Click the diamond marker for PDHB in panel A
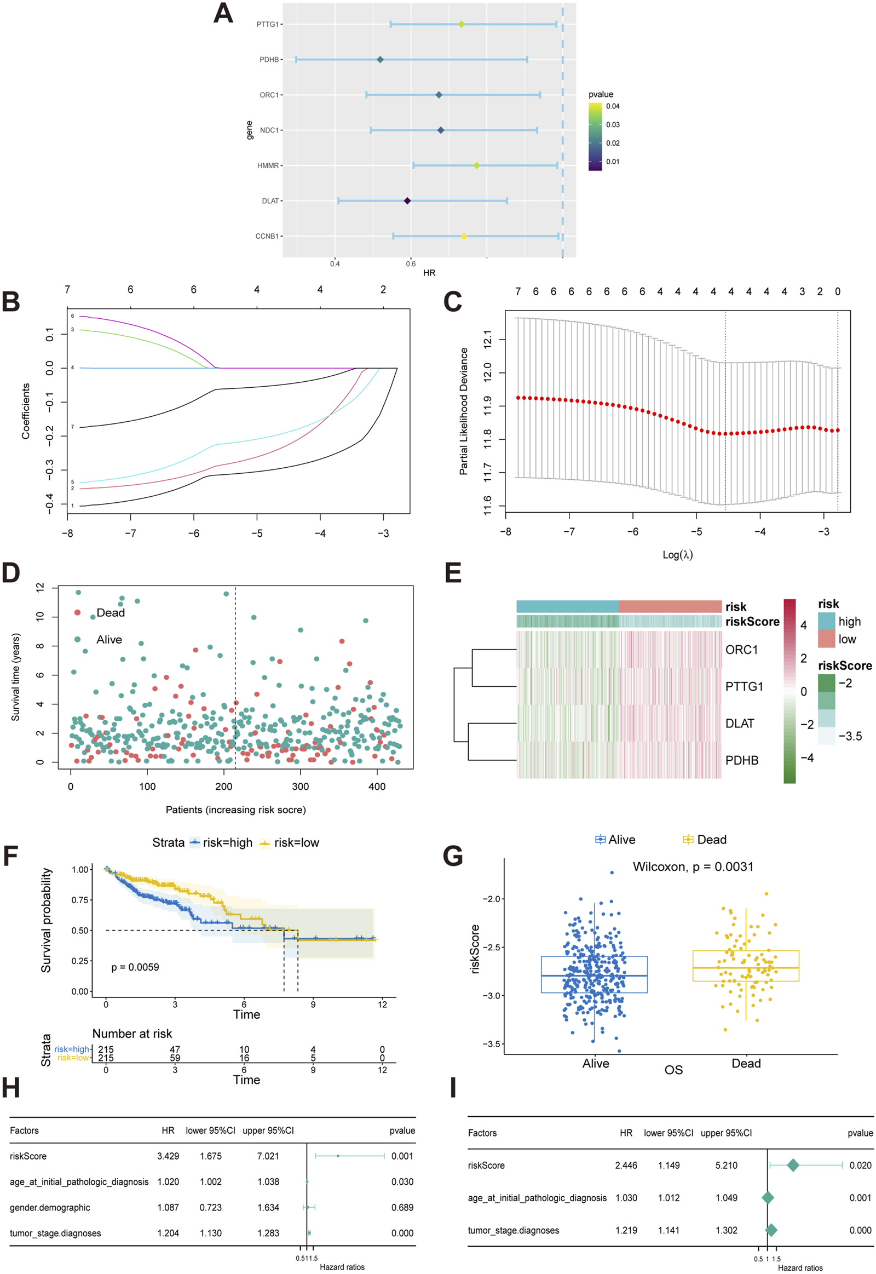[x=380, y=59]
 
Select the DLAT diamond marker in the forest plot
[x=407, y=201]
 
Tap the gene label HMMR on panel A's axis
[x=268, y=166]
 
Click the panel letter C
[x=452, y=302]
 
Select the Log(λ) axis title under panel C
[x=677, y=555]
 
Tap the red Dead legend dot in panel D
[x=78, y=612]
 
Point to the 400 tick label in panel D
[x=377, y=787]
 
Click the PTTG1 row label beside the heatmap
[x=744, y=686]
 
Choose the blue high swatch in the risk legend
[x=826, y=621]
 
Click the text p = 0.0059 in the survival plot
[x=135, y=967]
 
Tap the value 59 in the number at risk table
[x=175, y=1058]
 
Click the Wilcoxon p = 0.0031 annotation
[x=693, y=866]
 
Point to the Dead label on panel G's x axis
[x=746, y=1063]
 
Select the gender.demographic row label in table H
[x=50, y=1208]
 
